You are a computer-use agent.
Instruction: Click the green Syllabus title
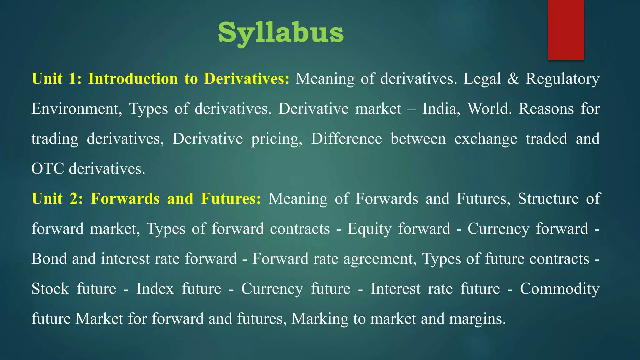point(281,33)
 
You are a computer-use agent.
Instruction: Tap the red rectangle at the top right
point(566,30)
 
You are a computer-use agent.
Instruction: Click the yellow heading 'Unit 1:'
point(56,78)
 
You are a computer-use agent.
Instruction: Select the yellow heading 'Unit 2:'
point(57,198)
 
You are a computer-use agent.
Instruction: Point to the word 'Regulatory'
point(562,78)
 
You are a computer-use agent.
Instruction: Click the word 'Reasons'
point(546,109)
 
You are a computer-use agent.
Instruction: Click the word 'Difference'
point(346,139)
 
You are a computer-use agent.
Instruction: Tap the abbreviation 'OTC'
point(47,169)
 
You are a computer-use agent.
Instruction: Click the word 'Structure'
point(548,198)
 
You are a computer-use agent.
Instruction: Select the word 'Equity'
point(369,229)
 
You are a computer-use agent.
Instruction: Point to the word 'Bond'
point(49,259)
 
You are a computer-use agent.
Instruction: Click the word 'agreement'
point(380,259)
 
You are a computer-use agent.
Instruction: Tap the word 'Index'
point(155,288)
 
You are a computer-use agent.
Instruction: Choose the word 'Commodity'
point(559,288)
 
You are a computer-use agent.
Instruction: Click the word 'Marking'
point(319,319)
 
